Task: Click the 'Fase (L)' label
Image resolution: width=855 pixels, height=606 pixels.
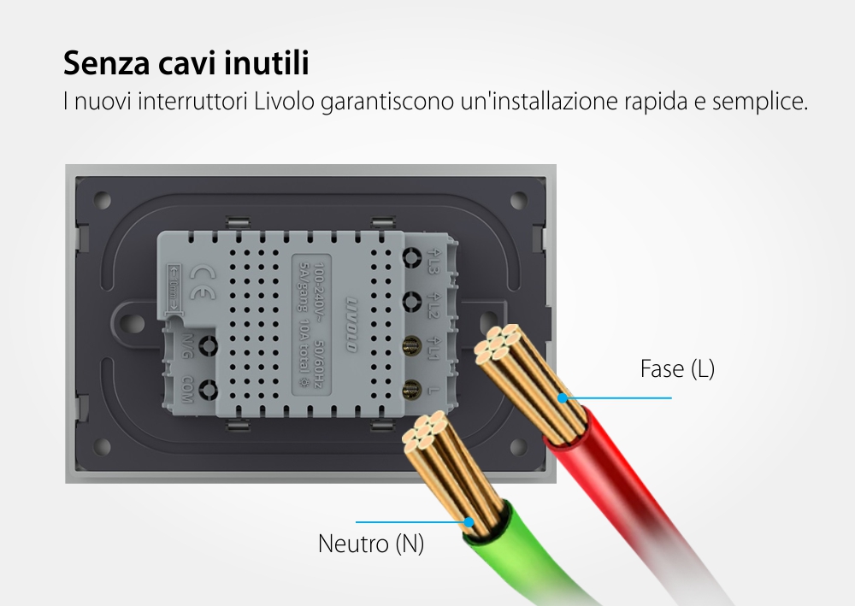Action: (676, 369)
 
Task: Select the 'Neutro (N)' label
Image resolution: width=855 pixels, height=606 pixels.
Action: (370, 544)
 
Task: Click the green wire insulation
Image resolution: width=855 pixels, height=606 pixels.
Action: (513, 547)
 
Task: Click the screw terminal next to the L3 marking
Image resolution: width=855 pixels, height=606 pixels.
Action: (411, 257)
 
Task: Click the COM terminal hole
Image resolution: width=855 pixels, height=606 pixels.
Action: (206, 391)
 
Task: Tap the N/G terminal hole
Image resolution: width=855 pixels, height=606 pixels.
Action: (206, 346)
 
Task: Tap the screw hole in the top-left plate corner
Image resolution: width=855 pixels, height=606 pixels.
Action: (103, 202)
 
